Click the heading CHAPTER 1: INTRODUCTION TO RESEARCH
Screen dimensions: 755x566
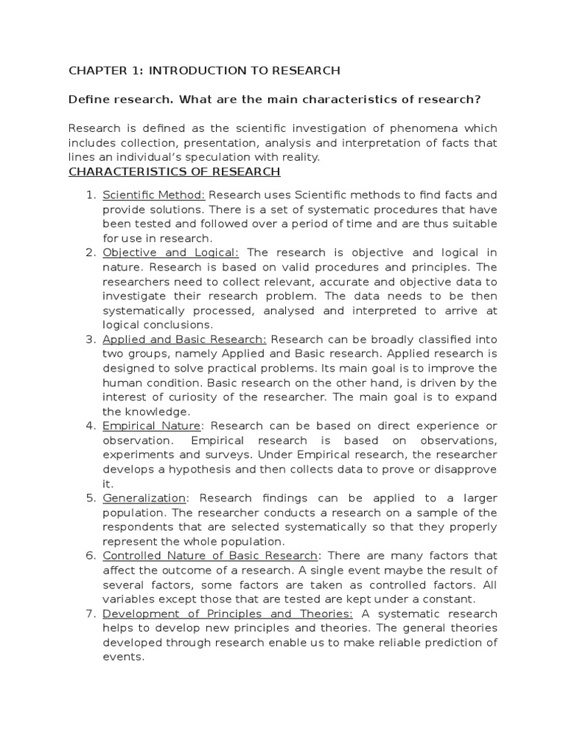tap(204, 71)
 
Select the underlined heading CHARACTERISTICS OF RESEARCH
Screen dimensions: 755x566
tap(174, 172)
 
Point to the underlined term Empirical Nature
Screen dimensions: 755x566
tap(152, 426)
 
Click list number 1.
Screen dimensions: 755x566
tap(91, 195)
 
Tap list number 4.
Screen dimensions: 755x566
tap(91, 426)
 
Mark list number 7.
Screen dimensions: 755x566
tap(91, 613)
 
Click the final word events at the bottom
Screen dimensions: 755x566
tap(121, 656)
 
